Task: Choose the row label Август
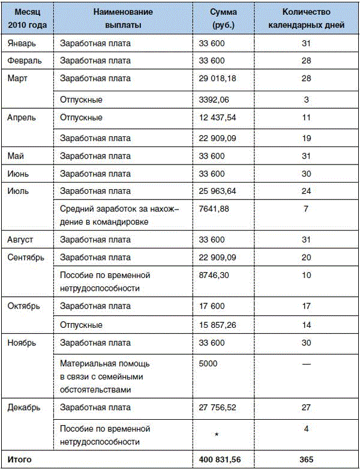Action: pyautogui.click(x=20, y=240)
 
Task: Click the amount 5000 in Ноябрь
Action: pyautogui.click(x=209, y=363)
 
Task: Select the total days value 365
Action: pyautogui.click(x=307, y=460)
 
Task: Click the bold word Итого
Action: pyautogui.click(x=19, y=460)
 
